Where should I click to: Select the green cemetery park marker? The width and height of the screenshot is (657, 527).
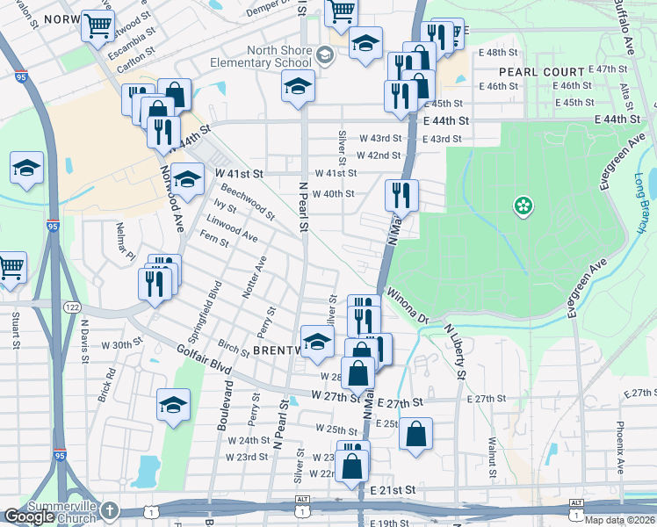pos(523,206)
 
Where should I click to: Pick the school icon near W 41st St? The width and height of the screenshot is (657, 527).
pos(186,178)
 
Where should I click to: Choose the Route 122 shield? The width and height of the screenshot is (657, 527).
pos(72,307)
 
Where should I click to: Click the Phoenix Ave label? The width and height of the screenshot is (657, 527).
pos(620,445)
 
